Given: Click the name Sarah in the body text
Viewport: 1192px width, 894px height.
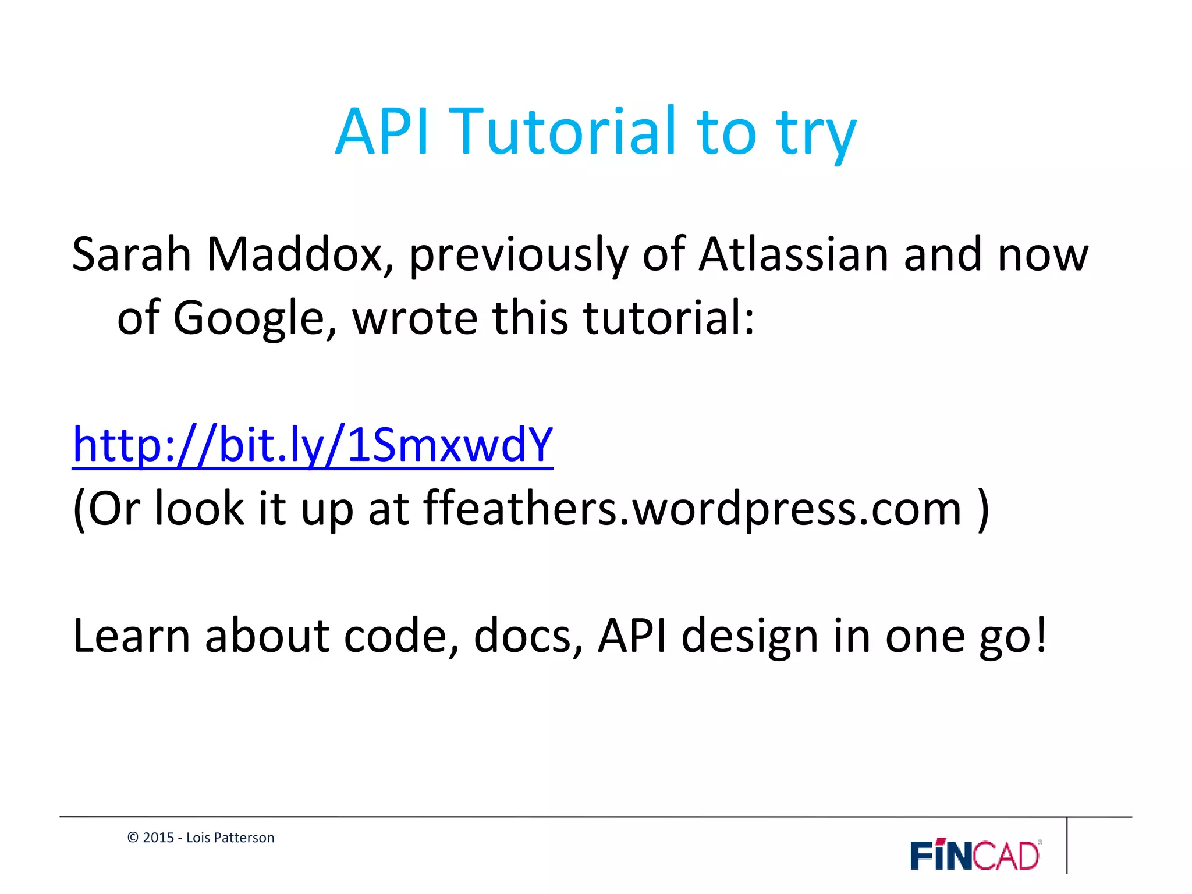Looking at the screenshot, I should click(x=132, y=254).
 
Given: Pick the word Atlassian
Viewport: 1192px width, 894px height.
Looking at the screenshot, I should click(x=793, y=254).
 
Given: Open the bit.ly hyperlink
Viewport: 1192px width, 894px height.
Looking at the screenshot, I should click(x=313, y=445).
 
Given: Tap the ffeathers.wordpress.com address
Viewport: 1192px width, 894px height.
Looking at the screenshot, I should click(x=692, y=509).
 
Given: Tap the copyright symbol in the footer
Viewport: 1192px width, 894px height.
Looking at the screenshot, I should click(x=133, y=838).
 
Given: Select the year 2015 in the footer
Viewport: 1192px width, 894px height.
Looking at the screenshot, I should click(x=158, y=838).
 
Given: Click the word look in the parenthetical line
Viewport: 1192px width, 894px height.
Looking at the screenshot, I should click(x=199, y=509).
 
